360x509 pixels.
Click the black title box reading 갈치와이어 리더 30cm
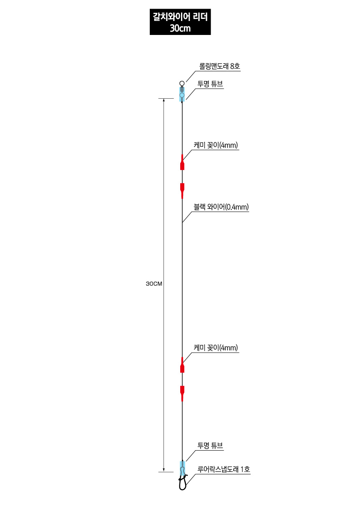180,22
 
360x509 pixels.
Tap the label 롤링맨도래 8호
219,66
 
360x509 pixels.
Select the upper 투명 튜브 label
210,84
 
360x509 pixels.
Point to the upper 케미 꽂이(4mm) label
216,145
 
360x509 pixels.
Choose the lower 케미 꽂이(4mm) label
216,347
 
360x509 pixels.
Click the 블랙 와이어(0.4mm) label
221,207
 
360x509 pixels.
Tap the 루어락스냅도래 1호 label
223,469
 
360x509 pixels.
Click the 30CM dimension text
154,284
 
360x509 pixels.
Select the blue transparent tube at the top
182,94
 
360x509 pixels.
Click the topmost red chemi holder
182,162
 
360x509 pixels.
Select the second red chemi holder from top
182,191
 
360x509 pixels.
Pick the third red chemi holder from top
182,365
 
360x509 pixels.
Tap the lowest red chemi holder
182,393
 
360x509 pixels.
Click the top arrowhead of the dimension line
163,100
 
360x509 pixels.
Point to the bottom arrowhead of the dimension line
163,470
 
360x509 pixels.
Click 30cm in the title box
180,28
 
